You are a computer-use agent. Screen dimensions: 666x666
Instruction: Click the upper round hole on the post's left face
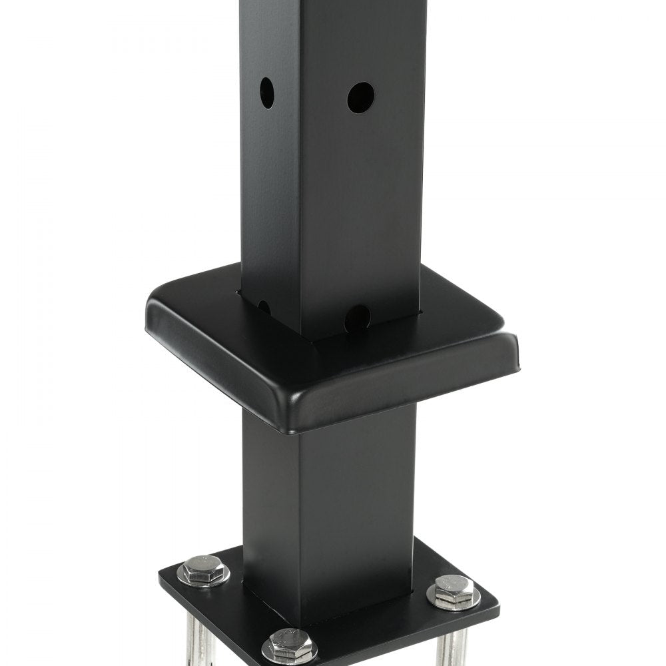pyautogui.click(x=266, y=93)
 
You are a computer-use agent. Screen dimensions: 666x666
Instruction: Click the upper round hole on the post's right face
pyautogui.click(x=360, y=97)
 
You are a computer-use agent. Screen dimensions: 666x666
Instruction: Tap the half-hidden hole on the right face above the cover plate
pyautogui.click(x=358, y=317)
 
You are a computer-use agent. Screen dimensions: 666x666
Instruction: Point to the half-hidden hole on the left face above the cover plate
pyautogui.click(x=264, y=307)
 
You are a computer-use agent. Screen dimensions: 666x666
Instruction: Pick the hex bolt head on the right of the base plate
pyautogui.click(x=454, y=588)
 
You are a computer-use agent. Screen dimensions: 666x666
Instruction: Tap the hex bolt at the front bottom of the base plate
pyautogui.click(x=288, y=643)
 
